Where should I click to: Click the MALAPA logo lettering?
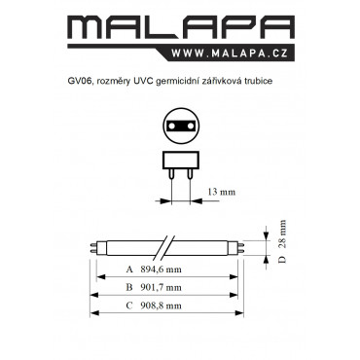(181, 27)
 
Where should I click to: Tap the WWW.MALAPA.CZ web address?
(230, 53)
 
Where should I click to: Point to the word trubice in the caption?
(260, 81)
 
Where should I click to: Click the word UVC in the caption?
(143, 81)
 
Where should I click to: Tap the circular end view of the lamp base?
(180, 125)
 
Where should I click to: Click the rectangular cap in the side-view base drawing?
(180, 161)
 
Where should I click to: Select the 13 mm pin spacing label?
(222, 192)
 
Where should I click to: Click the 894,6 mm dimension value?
(162, 270)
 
